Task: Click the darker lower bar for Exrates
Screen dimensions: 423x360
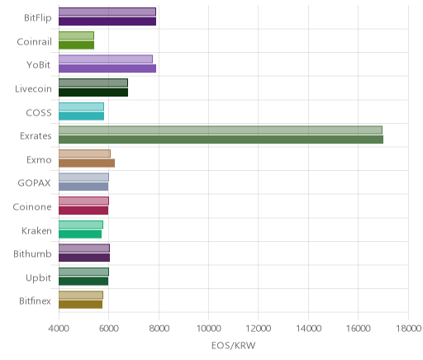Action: pyautogui.click(x=221, y=140)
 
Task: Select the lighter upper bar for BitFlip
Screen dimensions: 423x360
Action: pyautogui.click(x=107, y=12)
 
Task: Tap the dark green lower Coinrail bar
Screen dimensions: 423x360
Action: pyautogui.click(x=76, y=45)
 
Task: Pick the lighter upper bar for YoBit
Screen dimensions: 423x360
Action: pyautogui.click(x=106, y=59)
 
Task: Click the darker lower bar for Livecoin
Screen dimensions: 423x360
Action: pyautogui.click(x=93, y=92)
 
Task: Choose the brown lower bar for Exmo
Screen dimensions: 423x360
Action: pyautogui.click(x=87, y=163)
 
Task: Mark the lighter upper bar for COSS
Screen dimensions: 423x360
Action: pyautogui.click(x=81, y=107)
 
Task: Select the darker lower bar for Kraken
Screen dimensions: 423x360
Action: pyautogui.click(x=80, y=234)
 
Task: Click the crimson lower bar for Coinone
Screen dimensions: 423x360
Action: pyautogui.click(x=83, y=211)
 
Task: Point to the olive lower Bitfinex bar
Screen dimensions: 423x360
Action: pyautogui.click(x=80, y=305)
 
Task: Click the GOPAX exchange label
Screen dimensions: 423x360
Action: pyautogui.click(x=34, y=183)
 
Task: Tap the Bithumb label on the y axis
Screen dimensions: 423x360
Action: pyautogui.click(x=32, y=253)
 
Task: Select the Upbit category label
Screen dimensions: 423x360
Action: pyautogui.click(x=38, y=278)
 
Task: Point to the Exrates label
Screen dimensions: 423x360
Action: pyautogui.click(x=36, y=136)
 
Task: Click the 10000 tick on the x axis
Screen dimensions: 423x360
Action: pyautogui.click(x=208, y=329)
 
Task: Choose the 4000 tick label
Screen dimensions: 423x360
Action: pyautogui.click(x=59, y=329)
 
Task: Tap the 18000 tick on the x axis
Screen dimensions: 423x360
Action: pyautogui.click(x=408, y=329)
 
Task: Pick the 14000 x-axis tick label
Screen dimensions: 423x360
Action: pyautogui.click(x=308, y=329)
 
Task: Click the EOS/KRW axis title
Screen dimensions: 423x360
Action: pyautogui.click(x=233, y=345)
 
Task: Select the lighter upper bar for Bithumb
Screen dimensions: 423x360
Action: pyautogui.click(x=84, y=248)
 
